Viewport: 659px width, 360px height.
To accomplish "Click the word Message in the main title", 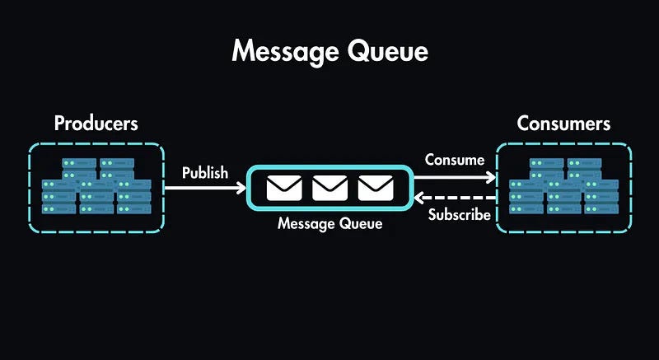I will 281,51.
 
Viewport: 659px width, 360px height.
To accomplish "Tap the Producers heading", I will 96,124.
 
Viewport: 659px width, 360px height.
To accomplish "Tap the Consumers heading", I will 563,124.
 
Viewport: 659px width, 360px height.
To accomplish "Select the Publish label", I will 205,173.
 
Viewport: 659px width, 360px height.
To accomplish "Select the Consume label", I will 454,160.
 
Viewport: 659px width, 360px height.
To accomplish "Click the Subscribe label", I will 460,216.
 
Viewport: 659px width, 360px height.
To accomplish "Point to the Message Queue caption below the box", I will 329,223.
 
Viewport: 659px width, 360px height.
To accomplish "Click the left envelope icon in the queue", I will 283,189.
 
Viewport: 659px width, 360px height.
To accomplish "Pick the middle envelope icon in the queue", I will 329,189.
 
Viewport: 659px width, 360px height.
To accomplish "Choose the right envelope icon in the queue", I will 375,189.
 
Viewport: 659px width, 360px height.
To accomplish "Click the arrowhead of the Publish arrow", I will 241,189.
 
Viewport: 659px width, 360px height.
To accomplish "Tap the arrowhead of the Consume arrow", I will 492,176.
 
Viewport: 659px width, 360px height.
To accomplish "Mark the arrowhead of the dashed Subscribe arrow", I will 418,199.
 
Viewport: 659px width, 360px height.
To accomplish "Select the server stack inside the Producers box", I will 96,186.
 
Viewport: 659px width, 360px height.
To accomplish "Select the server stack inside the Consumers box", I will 563,186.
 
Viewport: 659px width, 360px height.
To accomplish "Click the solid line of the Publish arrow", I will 202,189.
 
